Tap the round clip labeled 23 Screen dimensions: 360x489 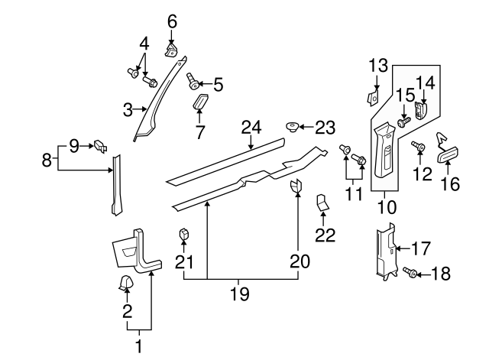[292, 126]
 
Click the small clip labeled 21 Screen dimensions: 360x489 [183, 234]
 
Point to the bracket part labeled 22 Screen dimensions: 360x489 [322, 203]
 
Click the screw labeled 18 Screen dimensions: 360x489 [410, 272]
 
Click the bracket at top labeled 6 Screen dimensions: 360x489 [171, 48]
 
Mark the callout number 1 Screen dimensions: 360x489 [138, 346]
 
